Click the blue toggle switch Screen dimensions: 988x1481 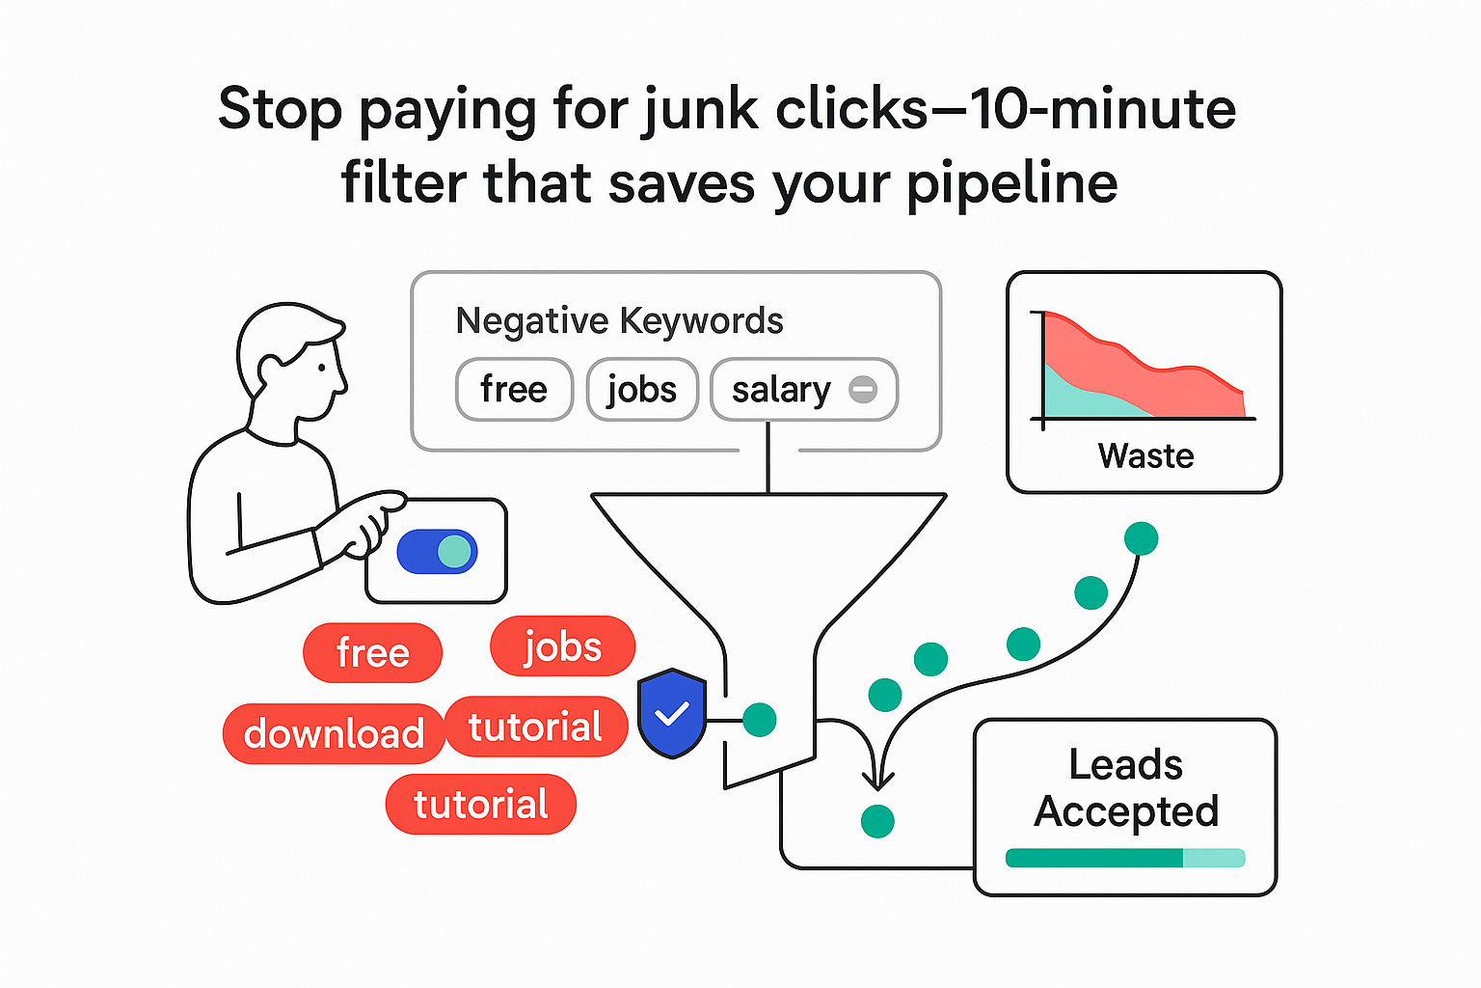(x=437, y=552)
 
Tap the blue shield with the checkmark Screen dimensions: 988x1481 (x=672, y=714)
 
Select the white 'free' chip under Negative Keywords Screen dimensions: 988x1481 (x=514, y=390)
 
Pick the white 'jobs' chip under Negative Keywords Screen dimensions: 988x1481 (x=642, y=390)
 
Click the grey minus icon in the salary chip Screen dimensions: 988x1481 (x=863, y=390)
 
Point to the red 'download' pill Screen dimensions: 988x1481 (x=334, y=734)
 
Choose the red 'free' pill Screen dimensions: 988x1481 (x=372, y=653)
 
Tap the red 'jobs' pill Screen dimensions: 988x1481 (x=562, y=646)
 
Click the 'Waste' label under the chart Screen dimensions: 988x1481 (x=1145, y=455)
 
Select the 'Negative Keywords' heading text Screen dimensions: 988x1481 (x=619, y=320)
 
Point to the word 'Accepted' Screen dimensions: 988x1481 (x=1126, y=811)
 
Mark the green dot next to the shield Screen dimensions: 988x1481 (x=760, y=719)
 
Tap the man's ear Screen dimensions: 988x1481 (x=270, y=370)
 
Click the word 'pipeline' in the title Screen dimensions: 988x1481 (x=1011, y=183)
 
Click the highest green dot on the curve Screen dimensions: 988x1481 (x=1141, y=538)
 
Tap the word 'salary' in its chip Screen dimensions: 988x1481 (x=781, y=390)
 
